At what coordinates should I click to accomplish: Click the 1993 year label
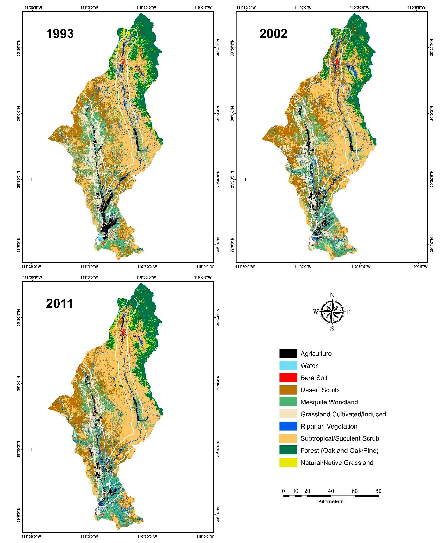[x=60, y=34]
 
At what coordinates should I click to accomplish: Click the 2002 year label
[x=273, y=34]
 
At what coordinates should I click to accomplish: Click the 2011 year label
[x=59, y=303]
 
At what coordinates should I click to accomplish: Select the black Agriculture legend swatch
[x=288, y=353]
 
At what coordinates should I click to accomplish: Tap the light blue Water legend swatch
[x=288, y=366]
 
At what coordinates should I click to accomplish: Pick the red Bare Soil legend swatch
[x=288, y=378]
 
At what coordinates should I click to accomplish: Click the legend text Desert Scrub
[x=319, y=390]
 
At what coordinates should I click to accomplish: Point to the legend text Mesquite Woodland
[x=329, y=402]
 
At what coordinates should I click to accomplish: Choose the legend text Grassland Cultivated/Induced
[x=343, y=414]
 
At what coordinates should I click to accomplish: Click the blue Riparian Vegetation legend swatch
[x=288, y=426]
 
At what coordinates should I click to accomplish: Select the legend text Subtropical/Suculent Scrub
[x=340, y=438]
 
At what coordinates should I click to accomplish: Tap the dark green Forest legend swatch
[x=288, y=450]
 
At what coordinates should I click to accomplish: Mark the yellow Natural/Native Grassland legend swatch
[x=288, y=463]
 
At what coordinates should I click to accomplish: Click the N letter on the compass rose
[x=332, y=295]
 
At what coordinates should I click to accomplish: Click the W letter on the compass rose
[x=315, y=312]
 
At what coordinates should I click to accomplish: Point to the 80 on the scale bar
[x=378, y=491]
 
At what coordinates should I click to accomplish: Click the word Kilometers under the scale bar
[x=331, y=501]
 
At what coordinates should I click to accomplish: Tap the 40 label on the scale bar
[x=331, y=491]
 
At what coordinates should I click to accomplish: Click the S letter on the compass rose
[x=332, y=329]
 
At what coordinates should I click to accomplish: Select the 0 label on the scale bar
[x=284, y=491]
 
